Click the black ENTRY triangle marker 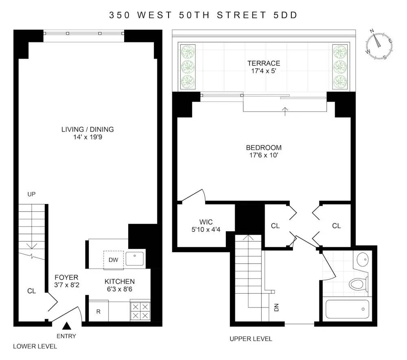[x=67, y=326]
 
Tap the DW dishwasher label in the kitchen [x=114, y=260]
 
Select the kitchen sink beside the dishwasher [x=134, y=259]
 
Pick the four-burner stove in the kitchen [x=140, y=311]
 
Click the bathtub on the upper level [x=347, y=309]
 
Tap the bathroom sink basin [x=363, y=259]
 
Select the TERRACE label [x=264, y=63]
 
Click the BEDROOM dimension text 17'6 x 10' [x=264, y=155]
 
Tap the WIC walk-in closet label [x=206, y=222]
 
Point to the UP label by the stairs [x=31, y=194]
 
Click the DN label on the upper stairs [x=276, y=307]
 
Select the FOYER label [x=66, y=277]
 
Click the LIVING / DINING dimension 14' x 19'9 [x=88, y=137]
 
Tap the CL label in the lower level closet [x=31, y=291]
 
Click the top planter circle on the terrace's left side [x=188, y=52]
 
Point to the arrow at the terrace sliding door [x=285, y=112]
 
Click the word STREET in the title [x=242, y=15]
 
